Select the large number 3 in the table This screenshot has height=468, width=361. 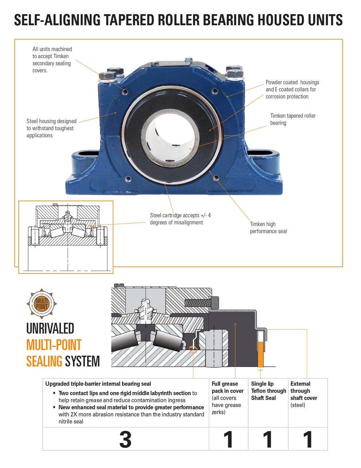click(125, 439)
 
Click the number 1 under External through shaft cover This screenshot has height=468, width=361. click(308, 439)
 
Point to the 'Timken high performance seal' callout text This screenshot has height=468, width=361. click(268, 227)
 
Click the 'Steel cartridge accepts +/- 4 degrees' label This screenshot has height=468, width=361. click(180, 219)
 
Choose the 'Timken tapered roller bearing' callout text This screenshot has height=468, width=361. click(293, 119)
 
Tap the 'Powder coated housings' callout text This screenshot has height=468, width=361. click(292, 89)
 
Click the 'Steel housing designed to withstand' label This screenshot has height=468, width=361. click(51, 128)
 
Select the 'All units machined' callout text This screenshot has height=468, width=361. click(52, 60)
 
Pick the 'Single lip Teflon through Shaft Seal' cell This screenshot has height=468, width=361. click(268, 391)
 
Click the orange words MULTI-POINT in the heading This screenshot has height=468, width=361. click(54, 345)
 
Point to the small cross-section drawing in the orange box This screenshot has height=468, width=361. click(66, 237)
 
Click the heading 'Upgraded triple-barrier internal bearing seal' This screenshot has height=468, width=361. click(98, 384)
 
